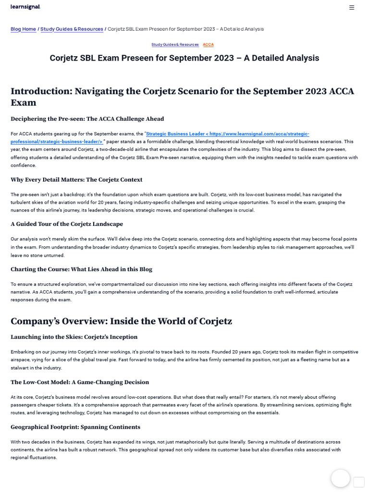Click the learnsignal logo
[25, 7]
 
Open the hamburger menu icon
[352, 7]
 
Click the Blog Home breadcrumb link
[23, 29]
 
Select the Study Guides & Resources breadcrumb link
[72, 29]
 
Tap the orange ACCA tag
[208, 44]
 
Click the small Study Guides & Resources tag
[175, 44]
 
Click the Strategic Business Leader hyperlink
[227, 134]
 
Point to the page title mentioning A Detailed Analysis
[184, 58]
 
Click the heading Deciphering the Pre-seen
[87, 119]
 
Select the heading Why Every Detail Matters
[76, 180]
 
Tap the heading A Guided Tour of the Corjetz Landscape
[67, 224]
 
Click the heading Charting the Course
[81, 269]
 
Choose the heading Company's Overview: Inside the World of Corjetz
[121, 321]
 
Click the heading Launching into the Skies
[74, 337]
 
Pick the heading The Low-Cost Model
[80, 382]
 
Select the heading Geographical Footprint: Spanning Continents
[75, 427]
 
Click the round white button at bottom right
[340, 478]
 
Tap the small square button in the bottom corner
[359, 482]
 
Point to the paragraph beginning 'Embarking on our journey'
[184, 359]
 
